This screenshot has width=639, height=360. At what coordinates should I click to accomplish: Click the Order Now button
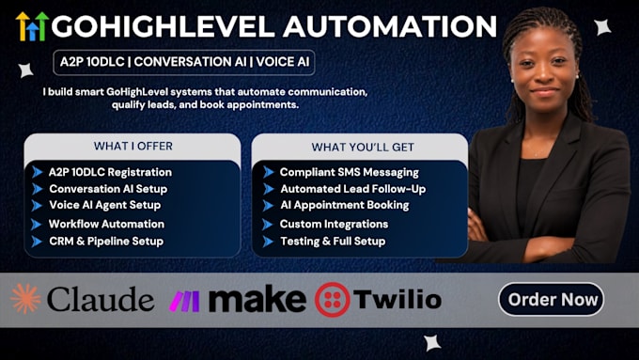pos(551,299)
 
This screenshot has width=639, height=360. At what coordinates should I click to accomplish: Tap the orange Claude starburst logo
pos(25,299)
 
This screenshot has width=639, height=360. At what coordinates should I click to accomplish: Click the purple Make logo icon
pos(184,302)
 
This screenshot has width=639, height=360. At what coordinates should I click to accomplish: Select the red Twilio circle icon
pos(332,300)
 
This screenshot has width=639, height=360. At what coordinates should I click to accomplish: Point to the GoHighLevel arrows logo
pos(32,26)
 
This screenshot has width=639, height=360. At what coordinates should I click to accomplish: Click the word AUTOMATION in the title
pos(390,26)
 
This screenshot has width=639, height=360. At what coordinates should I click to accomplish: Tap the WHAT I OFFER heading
pos(133,146)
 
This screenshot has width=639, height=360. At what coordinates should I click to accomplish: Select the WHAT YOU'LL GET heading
pos(363,147)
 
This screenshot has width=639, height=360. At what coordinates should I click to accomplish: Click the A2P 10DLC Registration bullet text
pos(110,172)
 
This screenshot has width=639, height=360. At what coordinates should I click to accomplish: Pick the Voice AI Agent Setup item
pos(104,205)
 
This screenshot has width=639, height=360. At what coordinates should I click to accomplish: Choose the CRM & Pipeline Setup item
pos(106,242)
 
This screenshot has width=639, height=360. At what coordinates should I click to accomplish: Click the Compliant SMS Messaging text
pos(350,172)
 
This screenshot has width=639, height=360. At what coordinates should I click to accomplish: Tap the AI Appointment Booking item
pos(344,205)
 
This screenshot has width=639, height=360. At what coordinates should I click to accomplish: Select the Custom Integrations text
pos(334,224)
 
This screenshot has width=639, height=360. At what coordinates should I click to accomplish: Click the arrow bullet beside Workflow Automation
pos(37,225)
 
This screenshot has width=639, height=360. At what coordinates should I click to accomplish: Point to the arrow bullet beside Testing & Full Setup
pos(268,242)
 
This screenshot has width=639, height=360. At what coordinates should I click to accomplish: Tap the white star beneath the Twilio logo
pos(432,342)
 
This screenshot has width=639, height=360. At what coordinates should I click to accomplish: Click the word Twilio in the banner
pos(397,300)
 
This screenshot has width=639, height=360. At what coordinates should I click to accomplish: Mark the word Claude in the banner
pos(101,299)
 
